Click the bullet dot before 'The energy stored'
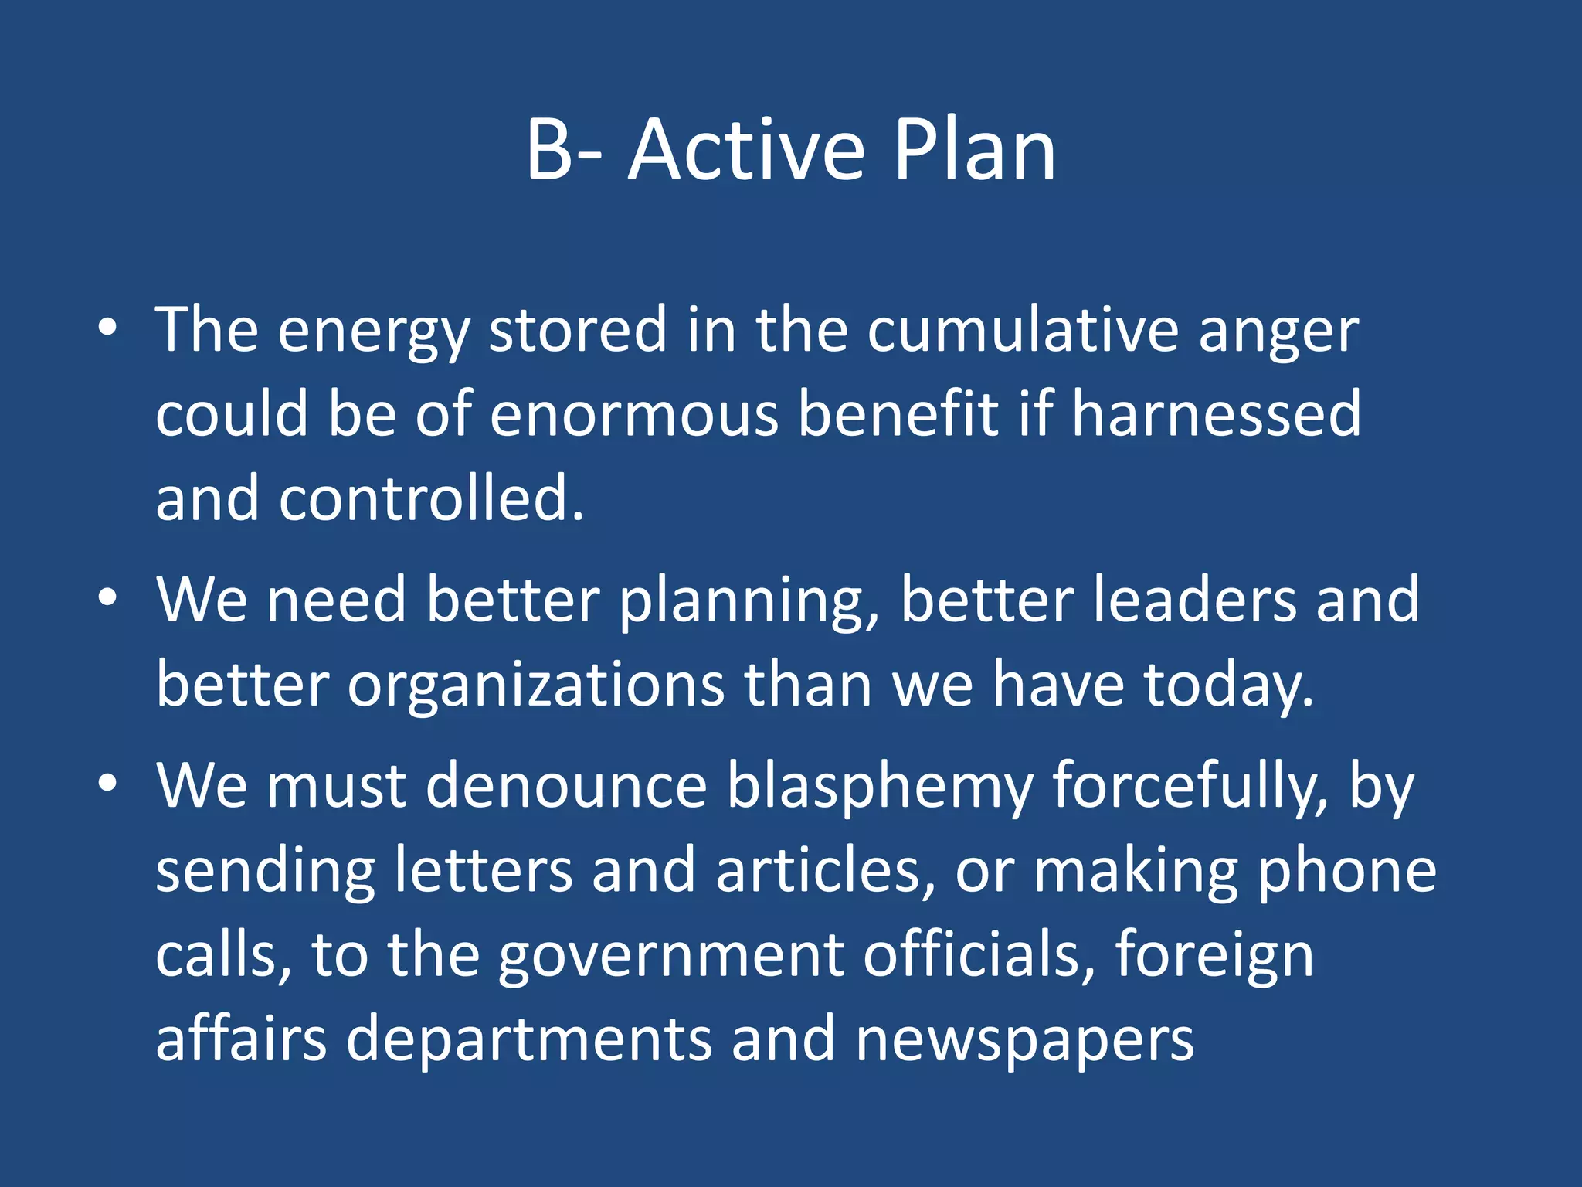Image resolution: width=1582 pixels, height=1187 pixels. [107, 328]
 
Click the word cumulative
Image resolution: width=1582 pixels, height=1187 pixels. [1022, 330]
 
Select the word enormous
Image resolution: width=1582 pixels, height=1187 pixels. [633, 416]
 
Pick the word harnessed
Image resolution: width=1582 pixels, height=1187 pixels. [1216, 414]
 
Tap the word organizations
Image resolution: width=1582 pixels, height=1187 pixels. [535, 686]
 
